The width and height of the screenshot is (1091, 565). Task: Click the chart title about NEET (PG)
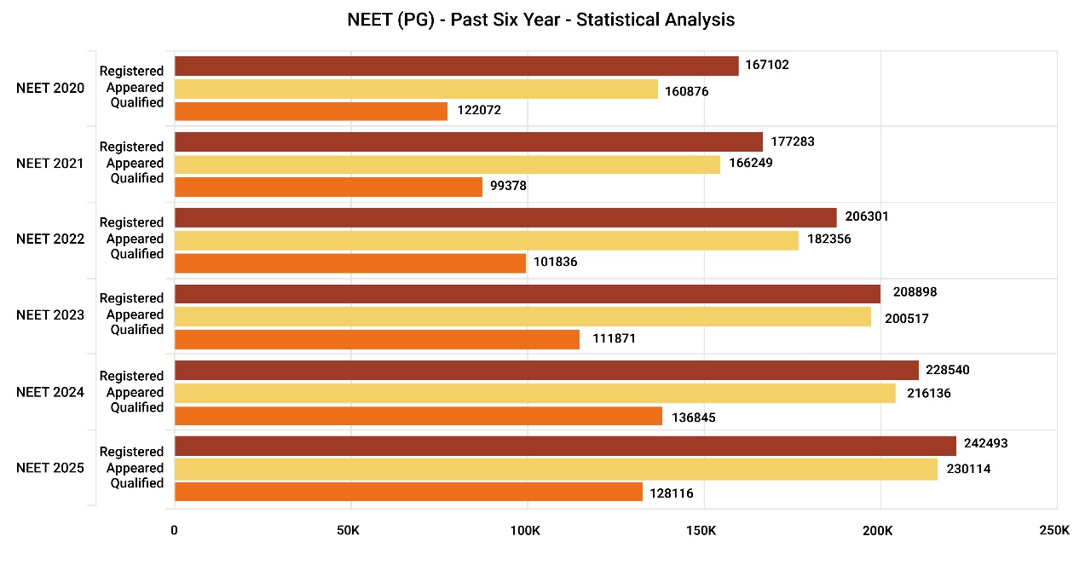pos(541,20)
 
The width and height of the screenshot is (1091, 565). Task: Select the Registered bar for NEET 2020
pos(456,66)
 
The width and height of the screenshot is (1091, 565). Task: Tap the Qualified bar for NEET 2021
pos(328,187)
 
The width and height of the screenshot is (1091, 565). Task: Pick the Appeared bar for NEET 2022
pos(486,239)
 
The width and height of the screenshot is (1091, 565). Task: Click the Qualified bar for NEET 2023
pos(377,339)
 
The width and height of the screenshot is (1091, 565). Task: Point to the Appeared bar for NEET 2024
pos(534,393)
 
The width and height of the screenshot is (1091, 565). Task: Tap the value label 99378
pos(509,186)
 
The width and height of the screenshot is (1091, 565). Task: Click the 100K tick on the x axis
pos(525,531)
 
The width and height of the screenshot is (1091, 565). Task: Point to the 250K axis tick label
pos(1053,531)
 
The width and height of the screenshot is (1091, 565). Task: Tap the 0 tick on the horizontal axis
pos(174,531)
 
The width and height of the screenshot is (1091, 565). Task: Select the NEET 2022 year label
pos(50,239)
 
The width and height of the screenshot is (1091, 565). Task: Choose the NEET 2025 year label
pos(50,467)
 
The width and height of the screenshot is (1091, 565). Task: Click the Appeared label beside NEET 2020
pos(135,87)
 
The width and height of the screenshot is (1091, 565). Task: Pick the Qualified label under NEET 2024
pos(136,407)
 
